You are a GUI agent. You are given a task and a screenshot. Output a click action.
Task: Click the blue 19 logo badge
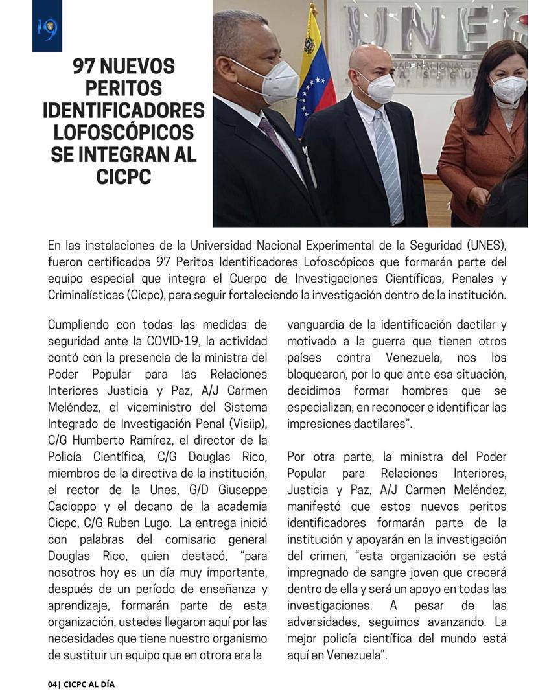(47, 26)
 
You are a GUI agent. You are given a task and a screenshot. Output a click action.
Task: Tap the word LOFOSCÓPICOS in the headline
(123, 133)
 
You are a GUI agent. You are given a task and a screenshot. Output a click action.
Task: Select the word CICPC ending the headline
(123, 177)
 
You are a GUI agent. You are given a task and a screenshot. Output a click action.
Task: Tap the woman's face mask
(508, 89)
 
